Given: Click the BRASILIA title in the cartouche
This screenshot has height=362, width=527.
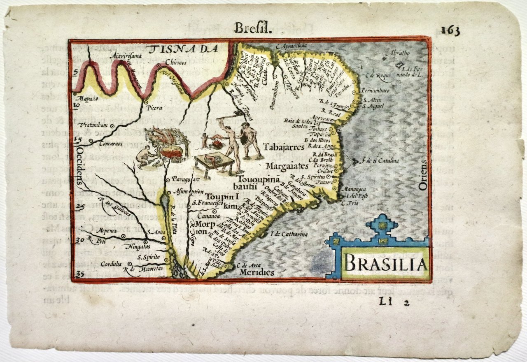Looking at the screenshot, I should [385, 264].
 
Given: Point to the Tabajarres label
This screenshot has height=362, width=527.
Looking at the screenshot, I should [284, 147].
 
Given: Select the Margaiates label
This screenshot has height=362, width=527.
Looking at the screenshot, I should [287, 166].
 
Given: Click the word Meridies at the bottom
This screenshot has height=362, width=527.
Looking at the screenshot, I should [258, 272].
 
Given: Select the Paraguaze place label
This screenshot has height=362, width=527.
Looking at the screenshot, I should [185, 179].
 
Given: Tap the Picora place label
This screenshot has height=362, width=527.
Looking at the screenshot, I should [154, 108].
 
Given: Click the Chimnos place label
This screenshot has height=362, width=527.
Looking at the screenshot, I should [176, 62].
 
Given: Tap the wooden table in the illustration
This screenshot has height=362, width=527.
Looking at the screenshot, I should [210, 162].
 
